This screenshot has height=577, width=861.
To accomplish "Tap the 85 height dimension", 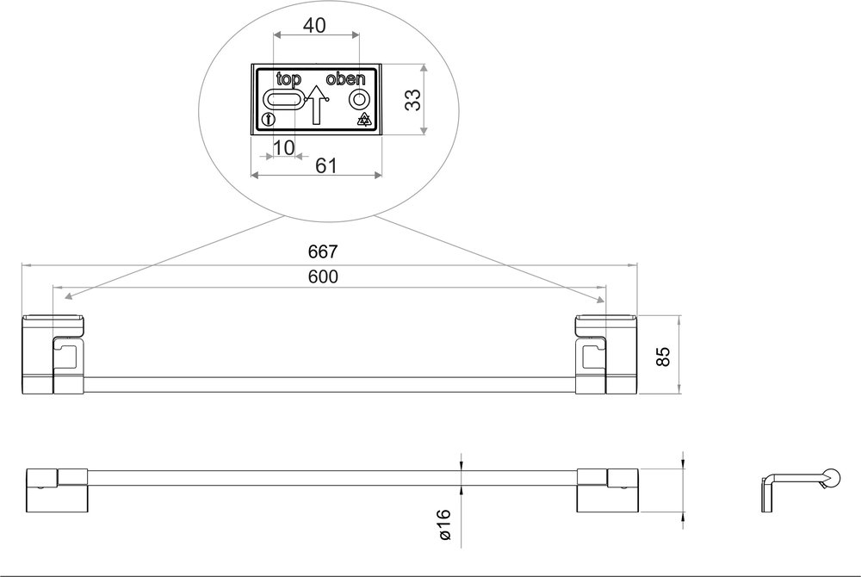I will (664, 356).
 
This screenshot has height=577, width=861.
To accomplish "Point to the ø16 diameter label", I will (444, 524).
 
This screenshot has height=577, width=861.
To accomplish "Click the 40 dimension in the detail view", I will (315, 26).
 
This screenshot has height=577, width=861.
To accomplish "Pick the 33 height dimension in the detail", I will (414, 100).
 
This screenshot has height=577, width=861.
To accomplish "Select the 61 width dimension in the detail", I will (325, 165).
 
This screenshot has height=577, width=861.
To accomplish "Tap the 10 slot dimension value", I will (283, 147).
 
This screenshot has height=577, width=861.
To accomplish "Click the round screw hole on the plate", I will (358, 101).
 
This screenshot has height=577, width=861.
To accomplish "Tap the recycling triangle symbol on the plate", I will (364, 120).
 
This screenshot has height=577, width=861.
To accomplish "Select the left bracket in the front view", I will (54, 355).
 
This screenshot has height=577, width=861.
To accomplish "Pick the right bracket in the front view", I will (605, 355).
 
